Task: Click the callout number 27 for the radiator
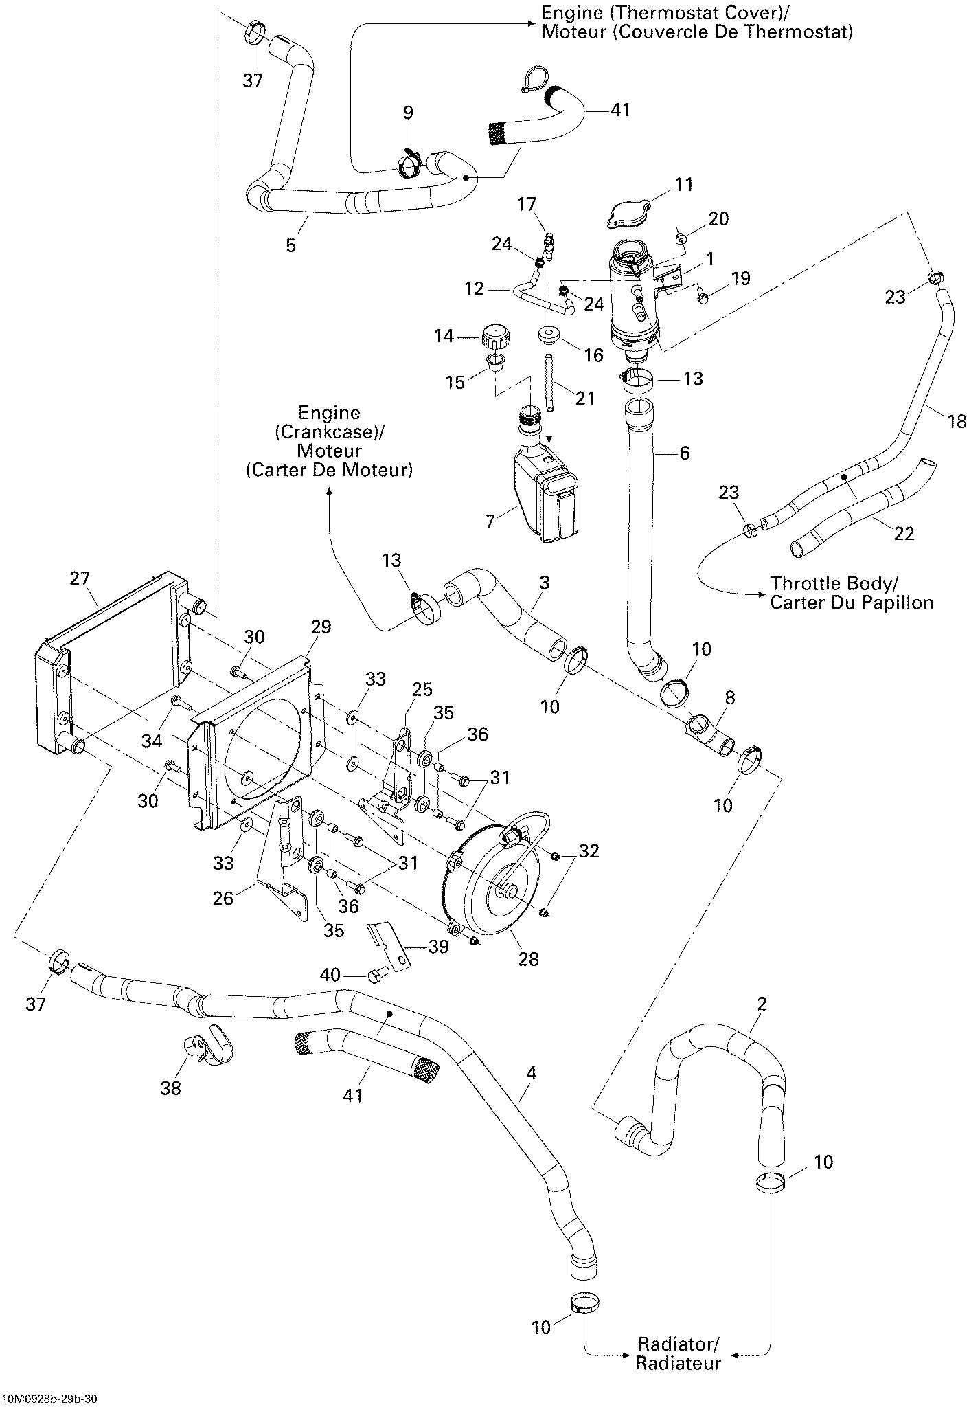80,578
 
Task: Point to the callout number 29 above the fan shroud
321,627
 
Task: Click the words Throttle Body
832,583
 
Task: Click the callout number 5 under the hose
290,245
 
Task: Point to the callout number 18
957,420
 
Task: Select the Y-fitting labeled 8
710,734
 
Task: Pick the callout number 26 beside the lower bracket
223,897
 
